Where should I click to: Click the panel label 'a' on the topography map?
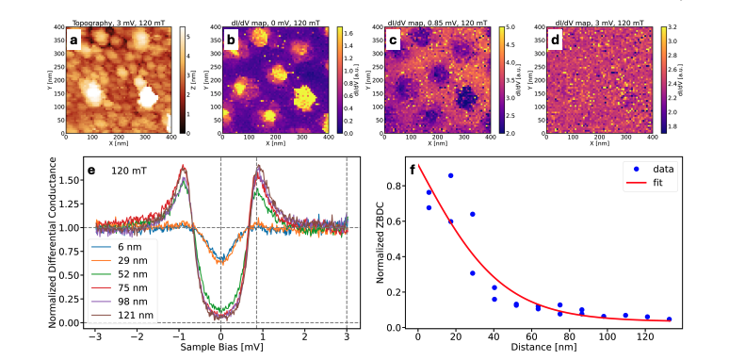point(73,39)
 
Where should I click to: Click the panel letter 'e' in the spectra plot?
point(91,172)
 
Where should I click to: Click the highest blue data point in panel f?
point(451,175)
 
